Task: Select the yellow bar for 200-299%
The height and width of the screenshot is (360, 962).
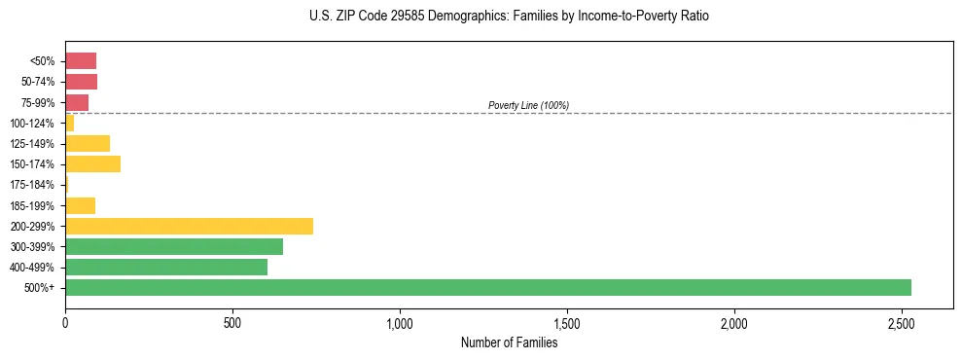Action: pyautogui.click(x=189, y=226)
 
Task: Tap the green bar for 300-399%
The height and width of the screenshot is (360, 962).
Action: pyautogui.click(x=174, y=246)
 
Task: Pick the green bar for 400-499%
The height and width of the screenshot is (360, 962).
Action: pyautogui.click(x=166, y=267)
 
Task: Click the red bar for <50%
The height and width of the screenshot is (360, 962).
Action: pyautogui.click(x=81, y=61)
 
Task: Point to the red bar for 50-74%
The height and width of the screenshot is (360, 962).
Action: pyautogui.click(x=81, y=82)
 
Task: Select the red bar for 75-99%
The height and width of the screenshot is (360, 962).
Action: pyautogui.click(x=77, y=102)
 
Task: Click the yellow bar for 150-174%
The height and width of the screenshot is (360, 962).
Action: pyautogui.click(x=92, y=164)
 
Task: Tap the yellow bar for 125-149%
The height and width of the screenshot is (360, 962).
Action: pyautogui.click(x=88, y=143)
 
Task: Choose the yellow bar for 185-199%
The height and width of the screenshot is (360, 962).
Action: pyautogui.click(x=80, y=205)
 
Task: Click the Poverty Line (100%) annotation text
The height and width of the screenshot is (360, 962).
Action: pyautogui.click(x=528, y=105)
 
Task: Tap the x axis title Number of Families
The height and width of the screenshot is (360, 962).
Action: pyautogui.click(x=509, y=342)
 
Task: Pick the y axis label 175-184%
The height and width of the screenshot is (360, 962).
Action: pyautogui.click(x=32, y=185)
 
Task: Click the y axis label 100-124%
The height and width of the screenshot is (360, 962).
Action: pyautogui.click(x=32, y=124)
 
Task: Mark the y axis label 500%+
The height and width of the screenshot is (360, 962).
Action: pyautogui.click(x=40, y=288)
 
